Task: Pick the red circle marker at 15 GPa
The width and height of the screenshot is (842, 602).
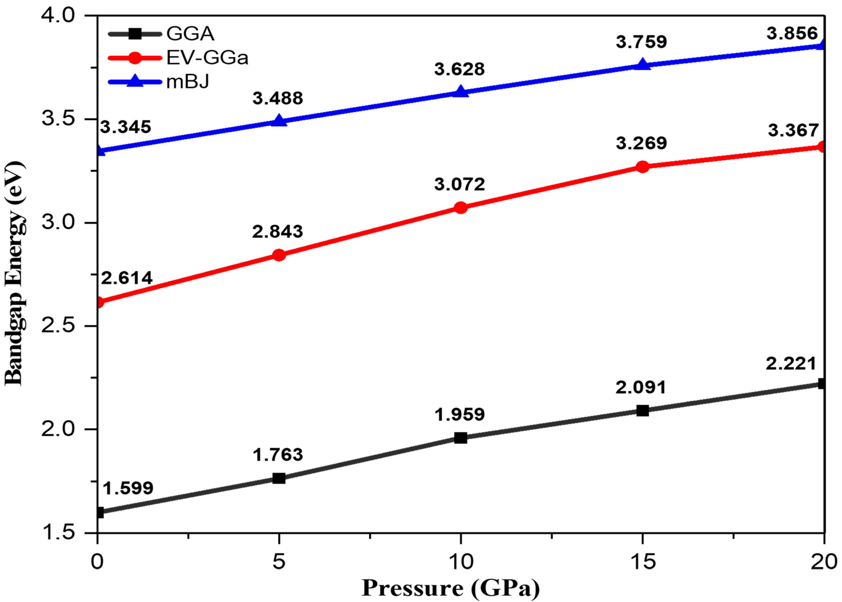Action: [642, 167]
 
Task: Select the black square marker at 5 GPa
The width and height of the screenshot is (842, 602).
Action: [279, 478]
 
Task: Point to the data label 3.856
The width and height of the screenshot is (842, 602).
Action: [792, 34]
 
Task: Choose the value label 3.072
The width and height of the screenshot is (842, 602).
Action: [459, 184]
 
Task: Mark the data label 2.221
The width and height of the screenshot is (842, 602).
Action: [791, 364]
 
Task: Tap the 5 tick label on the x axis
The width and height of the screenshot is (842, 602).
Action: [279, 562]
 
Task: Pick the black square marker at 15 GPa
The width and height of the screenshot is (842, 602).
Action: [642, 410]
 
